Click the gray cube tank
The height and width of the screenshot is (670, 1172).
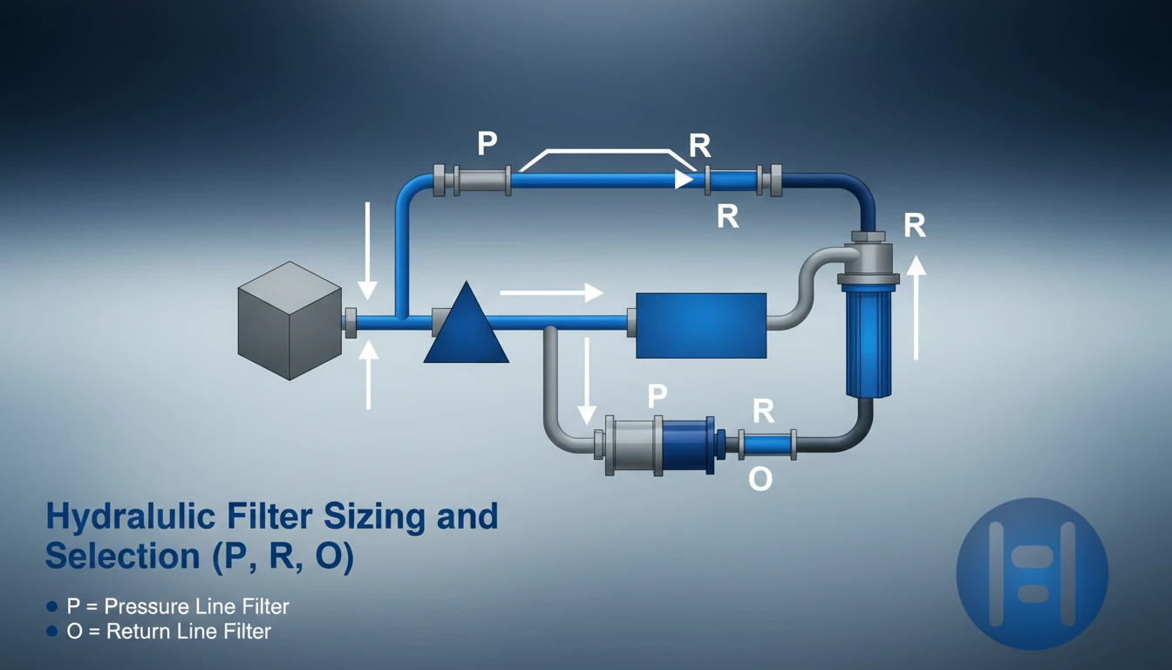290,320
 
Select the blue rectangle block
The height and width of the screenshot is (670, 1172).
701,325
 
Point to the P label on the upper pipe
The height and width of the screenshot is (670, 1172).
487,143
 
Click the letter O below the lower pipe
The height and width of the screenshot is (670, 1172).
760,478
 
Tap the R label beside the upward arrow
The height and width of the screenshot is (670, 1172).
915,226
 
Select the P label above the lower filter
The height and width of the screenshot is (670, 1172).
658,396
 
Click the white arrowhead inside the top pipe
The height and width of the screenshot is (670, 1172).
684,180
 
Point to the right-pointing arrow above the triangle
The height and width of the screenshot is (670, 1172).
552,292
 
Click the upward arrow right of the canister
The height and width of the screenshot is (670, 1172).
916,307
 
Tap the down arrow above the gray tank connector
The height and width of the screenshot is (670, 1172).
367,251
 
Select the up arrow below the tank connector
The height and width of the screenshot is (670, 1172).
369,375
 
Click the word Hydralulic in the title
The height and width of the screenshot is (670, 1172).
131,516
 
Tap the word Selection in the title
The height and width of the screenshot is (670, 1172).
123,556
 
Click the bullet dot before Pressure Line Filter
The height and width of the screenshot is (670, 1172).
51,606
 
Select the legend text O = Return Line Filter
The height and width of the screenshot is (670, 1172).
168,632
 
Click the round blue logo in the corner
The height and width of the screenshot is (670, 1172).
1032,574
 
